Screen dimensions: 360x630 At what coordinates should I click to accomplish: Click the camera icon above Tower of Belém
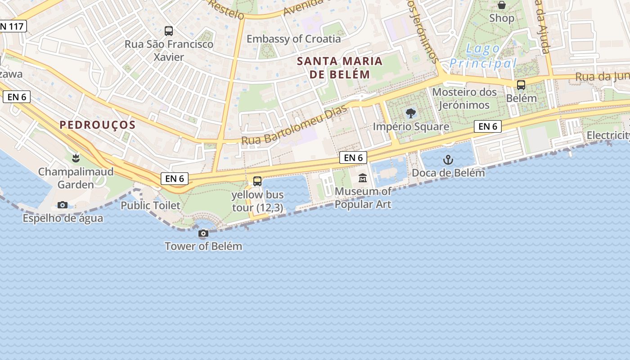pos(203,234)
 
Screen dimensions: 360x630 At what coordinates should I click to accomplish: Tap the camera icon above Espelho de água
pos(63,205)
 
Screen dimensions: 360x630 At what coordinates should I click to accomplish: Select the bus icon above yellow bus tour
pos(257,181)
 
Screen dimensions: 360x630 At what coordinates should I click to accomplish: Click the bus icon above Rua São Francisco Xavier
pos(169,31)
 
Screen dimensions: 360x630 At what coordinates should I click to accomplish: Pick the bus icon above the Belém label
pos(521,85)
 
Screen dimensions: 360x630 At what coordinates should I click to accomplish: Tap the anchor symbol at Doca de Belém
pos(448,160)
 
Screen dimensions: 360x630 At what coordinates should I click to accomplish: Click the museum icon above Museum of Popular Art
pos(363,178)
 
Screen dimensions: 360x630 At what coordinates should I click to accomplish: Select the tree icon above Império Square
pos(410,113)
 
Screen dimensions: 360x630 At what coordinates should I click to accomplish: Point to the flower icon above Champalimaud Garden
pos(76,158)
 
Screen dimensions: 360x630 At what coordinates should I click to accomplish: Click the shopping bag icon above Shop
pos(501,5)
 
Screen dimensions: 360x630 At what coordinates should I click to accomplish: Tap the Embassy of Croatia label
pos(293,39)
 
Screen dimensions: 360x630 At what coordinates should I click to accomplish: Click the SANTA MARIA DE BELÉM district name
pos(340,67)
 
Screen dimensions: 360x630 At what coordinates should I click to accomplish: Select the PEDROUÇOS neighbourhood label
pos(98,125)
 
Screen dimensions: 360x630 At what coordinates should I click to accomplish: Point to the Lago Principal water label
pos(483,56)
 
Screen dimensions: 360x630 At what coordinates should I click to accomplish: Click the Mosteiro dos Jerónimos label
pos(464,99)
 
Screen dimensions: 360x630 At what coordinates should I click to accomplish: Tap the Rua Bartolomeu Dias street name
pos(295,126)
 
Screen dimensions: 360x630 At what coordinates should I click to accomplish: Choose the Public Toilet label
pos(150,205)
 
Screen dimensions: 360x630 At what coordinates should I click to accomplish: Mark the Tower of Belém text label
pos(203,246)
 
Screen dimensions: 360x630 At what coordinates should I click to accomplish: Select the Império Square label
pos(411,126)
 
